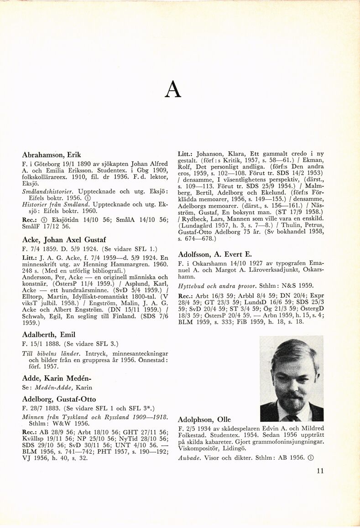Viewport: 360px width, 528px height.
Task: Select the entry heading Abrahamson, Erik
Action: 51,155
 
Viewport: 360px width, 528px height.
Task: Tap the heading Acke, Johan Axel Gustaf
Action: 64,239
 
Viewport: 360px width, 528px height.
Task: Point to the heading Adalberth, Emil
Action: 49,335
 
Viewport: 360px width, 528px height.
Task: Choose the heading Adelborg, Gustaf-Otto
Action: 59,399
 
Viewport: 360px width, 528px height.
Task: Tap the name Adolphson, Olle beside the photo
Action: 204,419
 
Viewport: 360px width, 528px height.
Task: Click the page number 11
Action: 320,471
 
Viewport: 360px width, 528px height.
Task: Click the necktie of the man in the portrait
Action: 291,417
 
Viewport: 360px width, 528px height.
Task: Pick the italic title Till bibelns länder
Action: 50,353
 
